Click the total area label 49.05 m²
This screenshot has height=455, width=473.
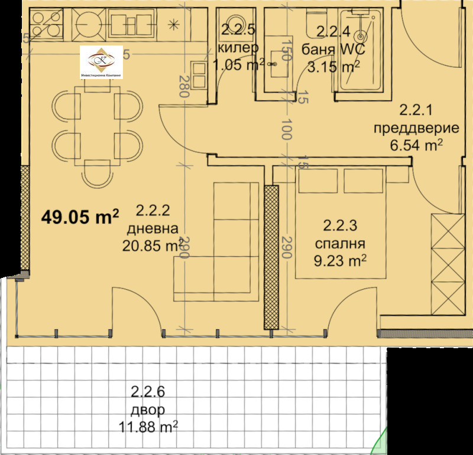80,217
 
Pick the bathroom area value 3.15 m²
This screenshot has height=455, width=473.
332,67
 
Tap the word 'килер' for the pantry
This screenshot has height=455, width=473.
238,48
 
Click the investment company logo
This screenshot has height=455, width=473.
101,62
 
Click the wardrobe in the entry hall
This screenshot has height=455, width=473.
448,263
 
